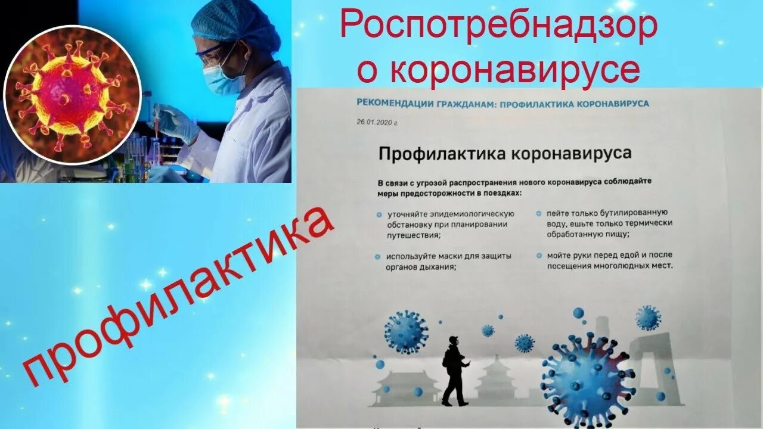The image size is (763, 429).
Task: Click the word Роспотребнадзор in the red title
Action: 498,27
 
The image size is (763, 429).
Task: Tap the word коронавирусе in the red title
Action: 515,70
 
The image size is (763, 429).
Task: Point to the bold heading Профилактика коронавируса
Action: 504,154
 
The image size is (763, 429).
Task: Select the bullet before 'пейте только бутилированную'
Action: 538,213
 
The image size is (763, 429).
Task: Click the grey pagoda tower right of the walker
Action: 497,378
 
